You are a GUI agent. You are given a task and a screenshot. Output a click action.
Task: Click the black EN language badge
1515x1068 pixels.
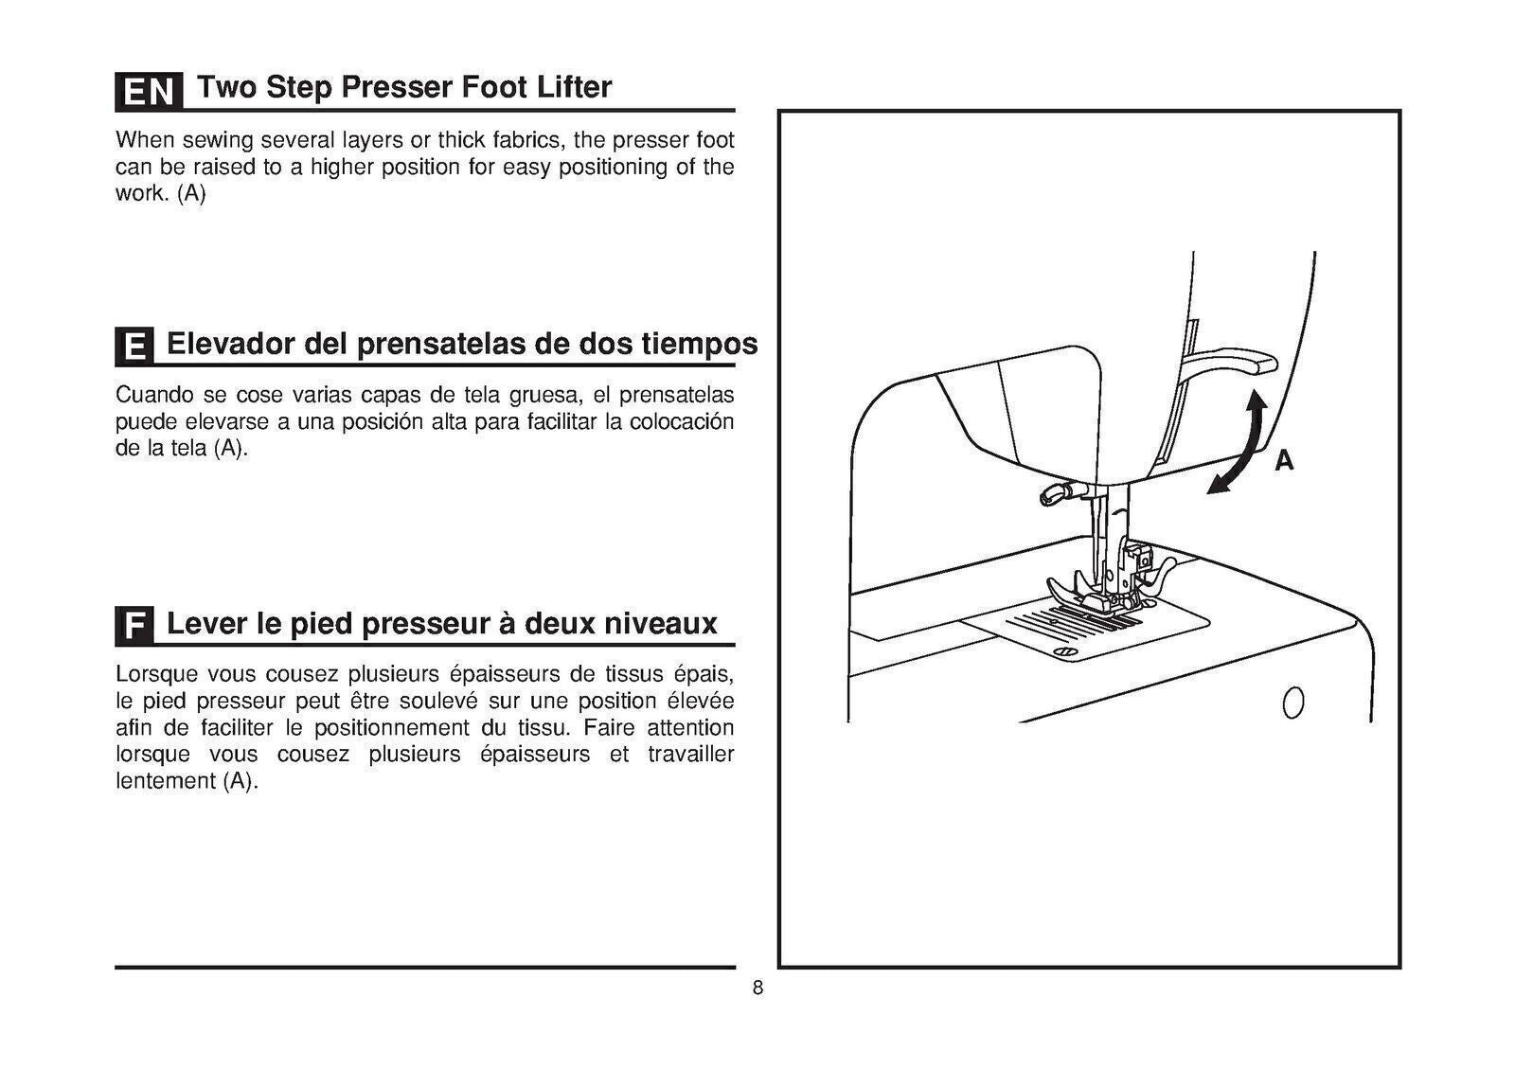click(148, 91)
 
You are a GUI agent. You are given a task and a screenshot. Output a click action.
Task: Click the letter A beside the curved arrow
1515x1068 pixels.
click(1283, 461)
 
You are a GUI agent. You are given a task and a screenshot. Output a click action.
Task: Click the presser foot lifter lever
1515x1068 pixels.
click(1231, 360)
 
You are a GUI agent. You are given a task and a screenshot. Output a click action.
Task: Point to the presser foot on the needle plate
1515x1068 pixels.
click(1089, 592)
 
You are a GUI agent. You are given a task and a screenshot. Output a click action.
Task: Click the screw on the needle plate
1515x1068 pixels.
click(1066, 652)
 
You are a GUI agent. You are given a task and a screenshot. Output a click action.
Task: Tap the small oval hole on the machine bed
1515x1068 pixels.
click(1292, 703)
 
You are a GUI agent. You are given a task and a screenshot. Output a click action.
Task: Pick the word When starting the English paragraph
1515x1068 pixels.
click(145, 141)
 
